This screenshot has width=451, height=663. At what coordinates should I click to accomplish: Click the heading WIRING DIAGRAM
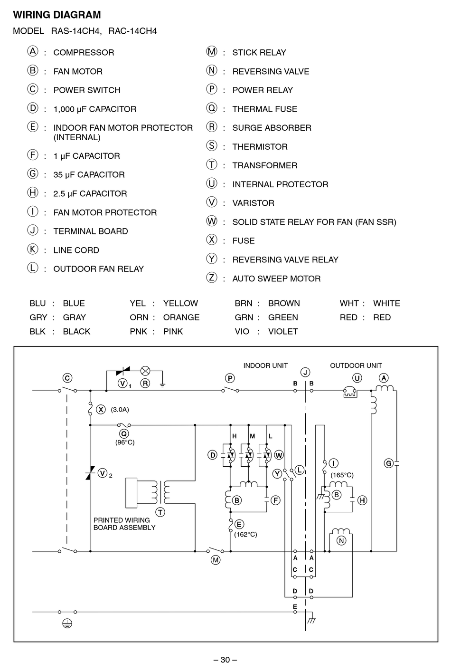click(57, 15)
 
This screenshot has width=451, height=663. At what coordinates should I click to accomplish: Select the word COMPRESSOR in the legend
click(84, 52)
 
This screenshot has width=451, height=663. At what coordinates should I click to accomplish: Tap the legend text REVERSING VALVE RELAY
click(285, 259)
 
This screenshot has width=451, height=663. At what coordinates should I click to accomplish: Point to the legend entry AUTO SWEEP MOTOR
click(276, 279)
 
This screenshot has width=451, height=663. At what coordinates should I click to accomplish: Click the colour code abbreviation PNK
click(138, 331)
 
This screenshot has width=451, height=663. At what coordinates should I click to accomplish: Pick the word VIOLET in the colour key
click(283, 331)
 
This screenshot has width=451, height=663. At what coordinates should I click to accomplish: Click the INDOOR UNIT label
click(265, 365)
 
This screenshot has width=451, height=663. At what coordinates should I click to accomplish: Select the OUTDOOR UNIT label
click(356, 365)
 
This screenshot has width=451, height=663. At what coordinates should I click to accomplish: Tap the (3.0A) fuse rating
click(120, 410)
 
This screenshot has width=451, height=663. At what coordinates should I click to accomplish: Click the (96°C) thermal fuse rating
click(125, 442)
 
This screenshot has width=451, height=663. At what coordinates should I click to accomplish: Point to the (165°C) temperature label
click(342, 475)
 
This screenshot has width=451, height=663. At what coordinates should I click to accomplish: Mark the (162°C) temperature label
click(245, 535)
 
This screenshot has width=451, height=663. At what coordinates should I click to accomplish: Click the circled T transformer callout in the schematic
click(160, 512)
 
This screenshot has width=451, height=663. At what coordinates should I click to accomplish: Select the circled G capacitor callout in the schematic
click(389, 463)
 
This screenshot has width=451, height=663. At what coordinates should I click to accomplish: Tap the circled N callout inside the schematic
click(341, 541)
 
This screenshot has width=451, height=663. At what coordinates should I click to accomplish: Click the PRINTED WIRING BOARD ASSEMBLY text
click(124, 524)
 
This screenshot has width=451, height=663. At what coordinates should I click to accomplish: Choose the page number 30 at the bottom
click(225, 660)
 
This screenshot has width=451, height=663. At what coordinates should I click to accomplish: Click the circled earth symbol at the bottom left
click(67, 624)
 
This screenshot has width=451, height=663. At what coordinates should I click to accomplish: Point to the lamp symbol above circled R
click(145, 371)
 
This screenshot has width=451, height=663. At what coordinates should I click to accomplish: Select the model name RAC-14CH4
click(132, 31)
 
